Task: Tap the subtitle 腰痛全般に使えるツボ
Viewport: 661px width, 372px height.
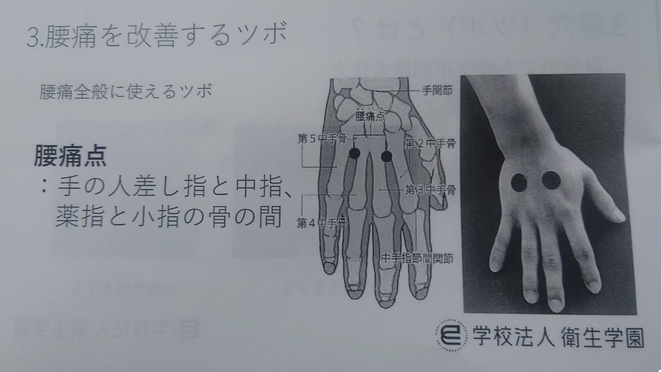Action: pyautogui.click(x=126, y=91)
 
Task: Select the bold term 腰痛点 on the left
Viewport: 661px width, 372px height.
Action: pyautogui.click(x=70, y=156)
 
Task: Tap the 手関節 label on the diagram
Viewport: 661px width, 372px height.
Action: pyautogui.click(x=437, y=91)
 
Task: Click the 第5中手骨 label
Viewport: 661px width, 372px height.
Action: pyautogui.click(x=322, y=138)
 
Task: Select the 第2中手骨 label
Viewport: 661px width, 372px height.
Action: pyautogui.click(x=430, y=143)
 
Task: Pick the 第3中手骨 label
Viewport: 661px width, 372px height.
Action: pyautogui.click(x=430, y=190)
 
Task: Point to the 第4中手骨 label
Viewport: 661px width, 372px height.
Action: pyautogui.click(x=322, y=223)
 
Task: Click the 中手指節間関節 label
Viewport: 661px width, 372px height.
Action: pyautogui.click(x=417, y=258)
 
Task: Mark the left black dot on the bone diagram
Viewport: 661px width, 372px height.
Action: pyautogui.click(x=354, y=153)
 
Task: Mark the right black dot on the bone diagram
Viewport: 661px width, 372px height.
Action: pyautogui.click(x=386, y=157)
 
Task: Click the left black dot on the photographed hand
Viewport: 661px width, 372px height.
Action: pyautogui.click(x=519, y=182)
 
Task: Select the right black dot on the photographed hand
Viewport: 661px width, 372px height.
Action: pyautogui.click(x=551, y=180)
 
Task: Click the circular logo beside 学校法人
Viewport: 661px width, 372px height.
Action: pyautogui.click(x=451, y=337)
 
